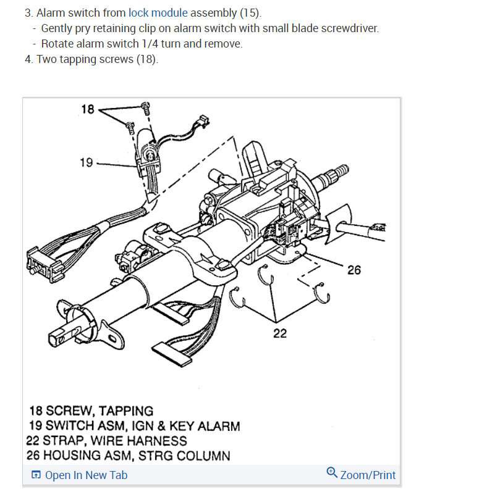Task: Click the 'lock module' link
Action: [158, 13]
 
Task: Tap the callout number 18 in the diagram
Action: [87, 109]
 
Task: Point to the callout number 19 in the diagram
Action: [86, 162]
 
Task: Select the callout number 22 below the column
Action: [280, 333]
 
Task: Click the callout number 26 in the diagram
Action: [354, 270]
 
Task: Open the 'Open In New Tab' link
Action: [86, 475]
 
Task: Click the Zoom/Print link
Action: [368, 475]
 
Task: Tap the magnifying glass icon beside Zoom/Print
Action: [332, 473]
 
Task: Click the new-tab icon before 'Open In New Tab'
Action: [36, 475]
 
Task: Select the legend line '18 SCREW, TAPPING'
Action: [91, 411]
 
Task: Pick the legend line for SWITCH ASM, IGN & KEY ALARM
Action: [134, 426]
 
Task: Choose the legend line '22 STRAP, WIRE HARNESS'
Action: [106, 441]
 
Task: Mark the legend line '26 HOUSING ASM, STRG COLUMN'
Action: [128, 456]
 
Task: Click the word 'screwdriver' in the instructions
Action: [347, 28]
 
